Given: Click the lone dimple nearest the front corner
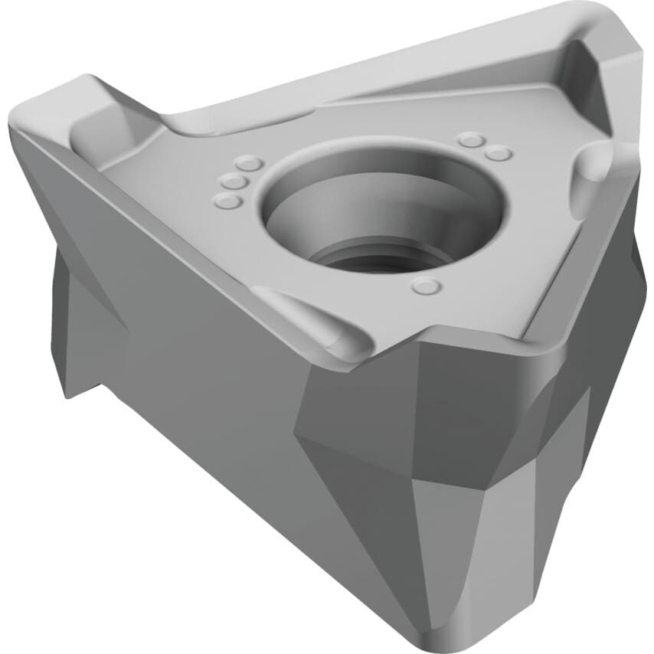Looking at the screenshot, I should coord(426,286).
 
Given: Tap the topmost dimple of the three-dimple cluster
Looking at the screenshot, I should coord(249,163).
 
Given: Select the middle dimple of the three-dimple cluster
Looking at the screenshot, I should coord(234,182).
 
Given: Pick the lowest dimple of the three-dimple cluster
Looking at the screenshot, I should coord(227,201).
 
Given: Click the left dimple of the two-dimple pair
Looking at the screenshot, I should coord(471,139).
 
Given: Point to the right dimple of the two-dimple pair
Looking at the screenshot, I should coord(499,153).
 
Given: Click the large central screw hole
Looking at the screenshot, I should coord(383,203).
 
